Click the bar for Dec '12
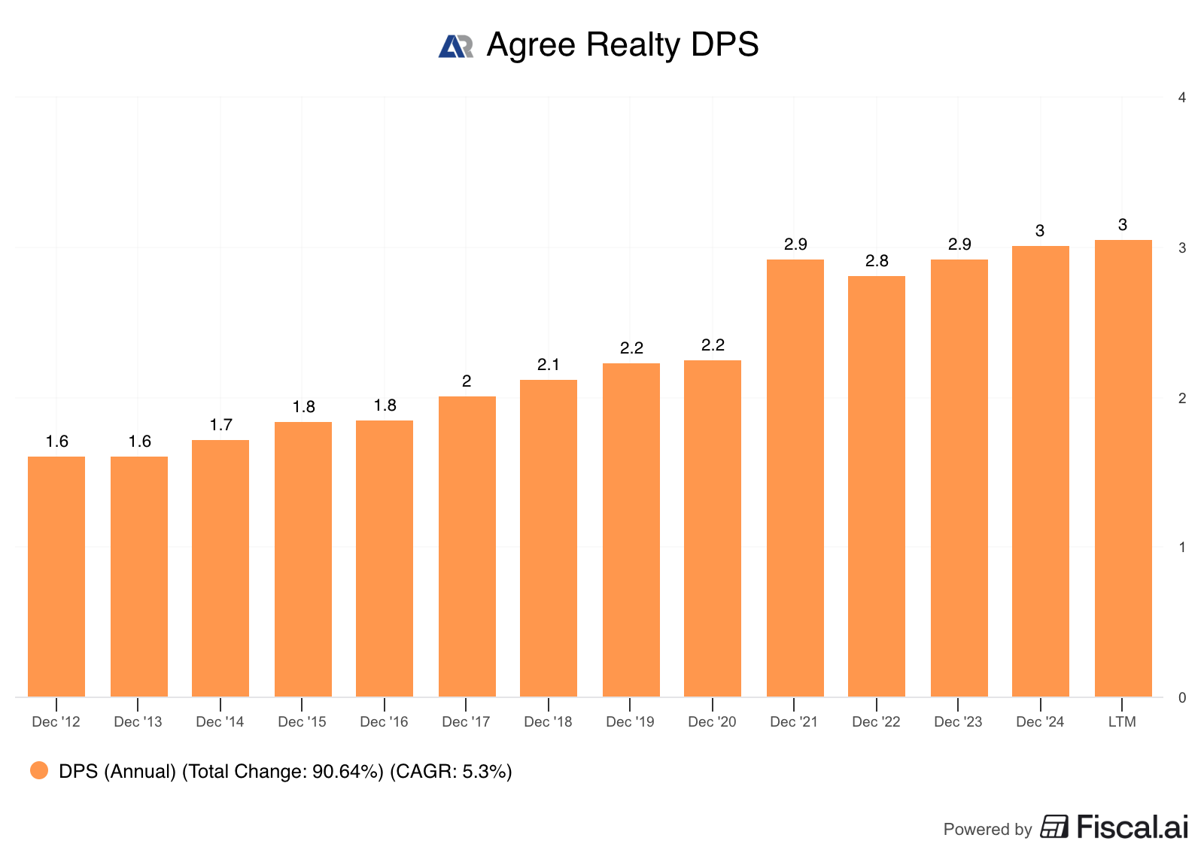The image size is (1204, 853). click(x=56, y=576)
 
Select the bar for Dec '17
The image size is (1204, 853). click(x=467, y=546)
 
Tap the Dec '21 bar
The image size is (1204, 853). click(x=795, y=478)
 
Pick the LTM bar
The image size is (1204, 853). click(x=1123, y=468)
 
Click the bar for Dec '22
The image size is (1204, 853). click(x=877, y=486)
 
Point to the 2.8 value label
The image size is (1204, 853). click(x=877, y=261)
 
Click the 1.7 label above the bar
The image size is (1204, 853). click(x=220, y=425)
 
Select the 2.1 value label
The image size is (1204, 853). click(x=549, y=365)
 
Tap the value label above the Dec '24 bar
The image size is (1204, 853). click(x=1040, y=231)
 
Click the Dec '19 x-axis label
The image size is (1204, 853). click(x=630, y=722)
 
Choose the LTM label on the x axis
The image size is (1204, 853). click(x=1122, y=722)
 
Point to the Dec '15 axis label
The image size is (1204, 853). click(x=302, y=722)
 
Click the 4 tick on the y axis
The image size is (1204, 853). click(x=1182, y=98)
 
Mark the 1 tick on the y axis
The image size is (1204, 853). click(x=1182, y=548)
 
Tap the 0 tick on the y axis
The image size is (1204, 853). click(x=1182, y=698)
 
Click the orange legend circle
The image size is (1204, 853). click(x=39, y=770)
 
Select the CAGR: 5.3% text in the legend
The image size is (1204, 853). click(x=451, y=772)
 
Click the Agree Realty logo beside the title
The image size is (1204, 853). click(x=456, y=46)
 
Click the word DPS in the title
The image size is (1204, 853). click(x=725, y=45)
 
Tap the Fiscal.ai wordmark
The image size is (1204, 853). click(x=1132, y=827)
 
